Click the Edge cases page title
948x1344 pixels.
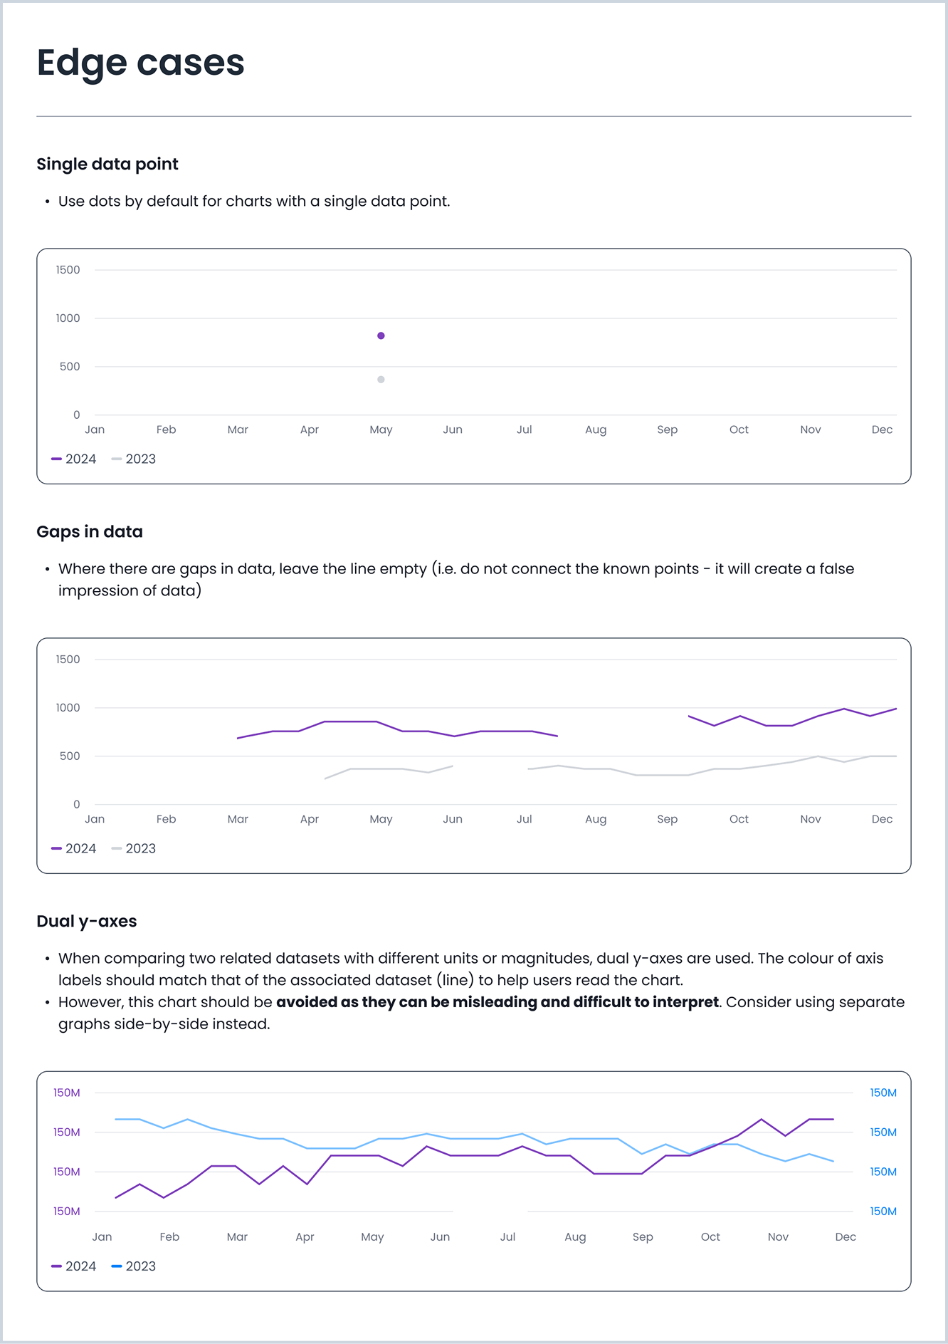pyautogui.click(x=140, y=63)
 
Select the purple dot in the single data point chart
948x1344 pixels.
pyautogui.click(x=381, y=335)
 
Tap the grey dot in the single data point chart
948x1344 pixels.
pyautogui.click(x=381, y=380)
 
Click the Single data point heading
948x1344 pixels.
pyautogui.click(x=107, y=164)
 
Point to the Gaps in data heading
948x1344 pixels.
pyautogui.click(x=90, y=531)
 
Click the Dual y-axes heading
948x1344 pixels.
pyautogui.click(x=87, y=921)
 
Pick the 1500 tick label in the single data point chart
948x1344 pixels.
pyautogui.click(x=68, y=270)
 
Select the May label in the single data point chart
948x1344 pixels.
pyautogui.click(x=381, y=429)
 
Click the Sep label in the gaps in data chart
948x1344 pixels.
pyautogui.click(x=667, y=819)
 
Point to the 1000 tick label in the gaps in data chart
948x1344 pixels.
pyautogui.click(x=68, y=707)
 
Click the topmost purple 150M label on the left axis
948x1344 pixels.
pyautogui.click(x=67, y=1093)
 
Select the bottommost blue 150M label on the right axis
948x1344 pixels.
pyautogui.click(x=883, y=1211)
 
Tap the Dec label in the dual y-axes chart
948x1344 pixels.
pyautogui.click(x=845, y=1236)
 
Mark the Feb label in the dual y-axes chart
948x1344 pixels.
pyautogui.click(x=169, y=1236)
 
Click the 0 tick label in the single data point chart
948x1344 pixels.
pyautogui.click(x=77, y=415)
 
